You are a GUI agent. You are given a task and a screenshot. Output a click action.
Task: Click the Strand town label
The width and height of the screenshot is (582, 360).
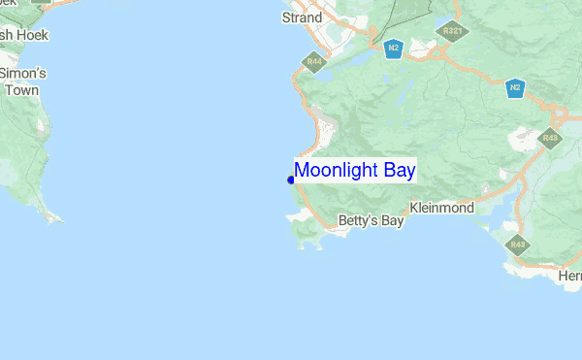(x=302, y=17)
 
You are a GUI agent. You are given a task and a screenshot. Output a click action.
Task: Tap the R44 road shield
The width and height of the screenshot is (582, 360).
(x=313, y=62)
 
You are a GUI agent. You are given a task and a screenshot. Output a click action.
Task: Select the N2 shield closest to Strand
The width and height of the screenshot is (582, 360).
(x=392, y=48)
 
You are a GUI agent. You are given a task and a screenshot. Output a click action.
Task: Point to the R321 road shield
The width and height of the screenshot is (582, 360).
(x=451, y=31)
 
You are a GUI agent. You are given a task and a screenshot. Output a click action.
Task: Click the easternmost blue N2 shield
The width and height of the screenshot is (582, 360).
(x=515, y=88)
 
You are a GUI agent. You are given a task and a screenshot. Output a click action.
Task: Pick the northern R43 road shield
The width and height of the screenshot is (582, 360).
(x=550, y=139)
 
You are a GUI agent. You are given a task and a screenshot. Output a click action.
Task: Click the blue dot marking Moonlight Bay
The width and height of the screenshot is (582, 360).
(x=291, y=180)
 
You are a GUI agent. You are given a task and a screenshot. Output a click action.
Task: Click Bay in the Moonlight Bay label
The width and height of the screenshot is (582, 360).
(x=399, y=171)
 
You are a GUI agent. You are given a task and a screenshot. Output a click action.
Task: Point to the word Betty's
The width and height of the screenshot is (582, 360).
(x=356, y=221)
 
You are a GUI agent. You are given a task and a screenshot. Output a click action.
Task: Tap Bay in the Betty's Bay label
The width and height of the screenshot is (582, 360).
(x=391, y=221)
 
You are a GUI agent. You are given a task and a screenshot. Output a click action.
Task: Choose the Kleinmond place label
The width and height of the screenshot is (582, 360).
(x=441, y=208)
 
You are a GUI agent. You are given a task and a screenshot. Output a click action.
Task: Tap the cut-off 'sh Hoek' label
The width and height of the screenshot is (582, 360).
(x=23, y=35)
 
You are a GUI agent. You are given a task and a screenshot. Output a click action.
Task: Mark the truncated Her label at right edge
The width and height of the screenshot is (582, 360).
(x=570, y=277)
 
